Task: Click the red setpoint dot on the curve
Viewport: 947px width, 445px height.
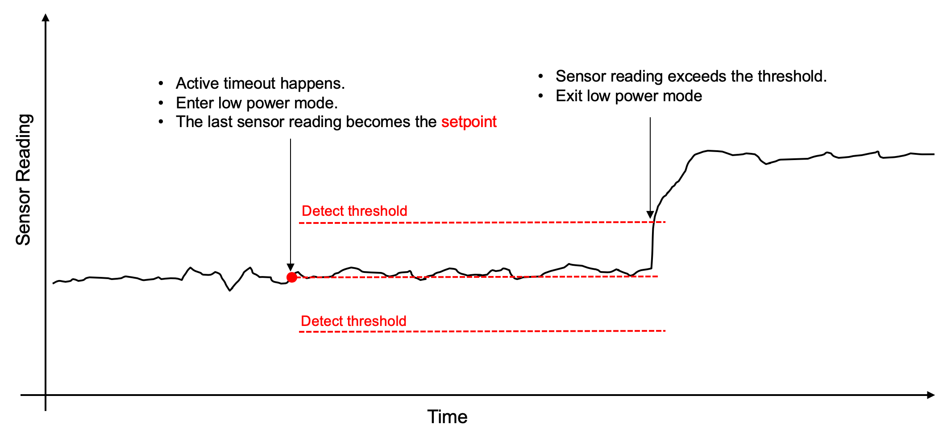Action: [x=292, y=277]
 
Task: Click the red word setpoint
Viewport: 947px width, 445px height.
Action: [x=469, y=122]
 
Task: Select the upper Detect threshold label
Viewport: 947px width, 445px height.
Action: [x=354, y=211]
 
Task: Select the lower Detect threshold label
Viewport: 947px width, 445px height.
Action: [x=353, y=321]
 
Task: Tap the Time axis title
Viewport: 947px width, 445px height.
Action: [x=447, y=417]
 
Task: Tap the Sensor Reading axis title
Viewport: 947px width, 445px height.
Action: [x=23, y=180]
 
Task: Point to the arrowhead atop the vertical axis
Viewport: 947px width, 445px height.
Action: [x=46, y=17]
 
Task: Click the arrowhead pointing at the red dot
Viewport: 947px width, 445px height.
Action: [x=291, y=267]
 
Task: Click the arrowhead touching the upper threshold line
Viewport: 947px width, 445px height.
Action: [x=650, y=214]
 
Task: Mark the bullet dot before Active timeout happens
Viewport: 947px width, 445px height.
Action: [x=161, y=83]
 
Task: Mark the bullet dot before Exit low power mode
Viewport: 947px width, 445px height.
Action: [x=541, y=96]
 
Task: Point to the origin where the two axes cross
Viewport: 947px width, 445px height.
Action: [x=46, y=395]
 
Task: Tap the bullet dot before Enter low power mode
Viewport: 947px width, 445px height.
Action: [x=161, y=103]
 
